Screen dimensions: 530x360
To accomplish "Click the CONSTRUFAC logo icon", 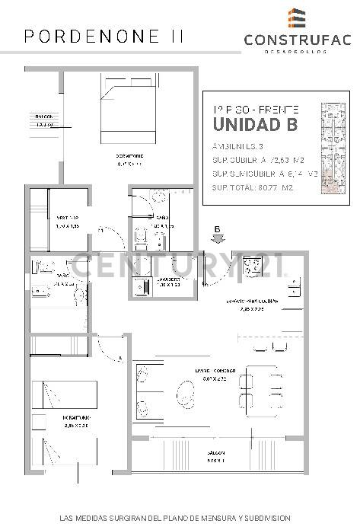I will click(298, 18).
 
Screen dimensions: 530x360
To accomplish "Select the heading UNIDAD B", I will click(255, 124).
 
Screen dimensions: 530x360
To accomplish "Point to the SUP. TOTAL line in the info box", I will click(253, 187).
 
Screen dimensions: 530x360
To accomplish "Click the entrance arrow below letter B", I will click(218, 237).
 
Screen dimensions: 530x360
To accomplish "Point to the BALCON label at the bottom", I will click(215, 455).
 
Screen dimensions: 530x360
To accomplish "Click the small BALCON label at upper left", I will click(43, 117).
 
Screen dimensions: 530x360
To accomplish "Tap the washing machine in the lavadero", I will click(142, 287).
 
